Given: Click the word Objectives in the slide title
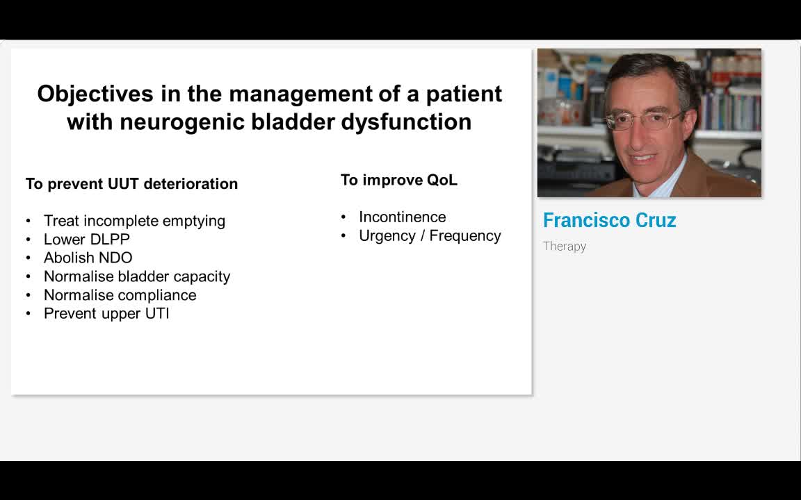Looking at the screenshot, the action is (95, 94).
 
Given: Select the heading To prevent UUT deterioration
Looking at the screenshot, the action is (132, 183).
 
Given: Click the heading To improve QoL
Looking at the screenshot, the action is (399, 180).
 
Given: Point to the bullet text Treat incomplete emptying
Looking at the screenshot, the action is (134, 221).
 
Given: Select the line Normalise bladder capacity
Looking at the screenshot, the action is (137, 276).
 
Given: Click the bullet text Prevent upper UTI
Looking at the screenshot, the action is (106, 313).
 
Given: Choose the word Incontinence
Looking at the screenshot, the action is (403, 217).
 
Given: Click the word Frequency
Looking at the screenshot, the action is (465, 235).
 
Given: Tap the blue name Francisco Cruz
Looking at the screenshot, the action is (609, 220).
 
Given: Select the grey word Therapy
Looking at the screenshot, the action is (565, 247).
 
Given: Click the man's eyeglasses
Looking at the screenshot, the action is (644, 121).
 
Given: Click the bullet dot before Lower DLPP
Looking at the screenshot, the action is (28, 240).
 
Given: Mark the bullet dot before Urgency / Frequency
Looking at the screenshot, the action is (343, 236).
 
